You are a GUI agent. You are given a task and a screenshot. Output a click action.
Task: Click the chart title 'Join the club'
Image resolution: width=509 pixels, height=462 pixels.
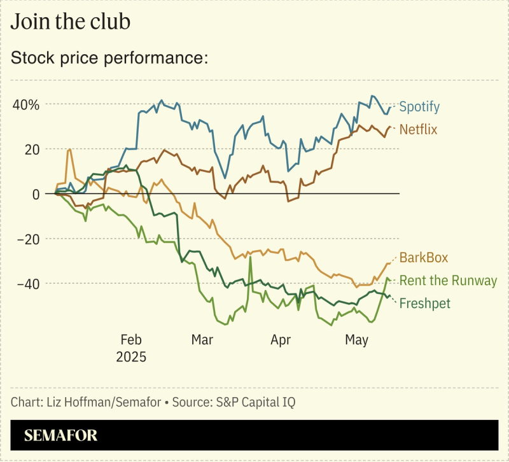[71, 22]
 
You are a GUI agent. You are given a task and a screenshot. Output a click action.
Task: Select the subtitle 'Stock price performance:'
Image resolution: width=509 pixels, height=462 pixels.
[110, 58]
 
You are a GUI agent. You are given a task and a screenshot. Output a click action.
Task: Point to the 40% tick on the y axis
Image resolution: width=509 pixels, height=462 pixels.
[25, 104]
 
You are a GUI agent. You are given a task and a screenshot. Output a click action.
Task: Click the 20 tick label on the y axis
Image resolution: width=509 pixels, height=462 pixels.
[31, 149]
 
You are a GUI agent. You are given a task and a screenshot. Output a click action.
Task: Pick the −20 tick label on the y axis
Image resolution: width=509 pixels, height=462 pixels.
[27, 239]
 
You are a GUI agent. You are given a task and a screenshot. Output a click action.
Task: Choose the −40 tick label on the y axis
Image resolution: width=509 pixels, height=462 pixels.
[27, 283]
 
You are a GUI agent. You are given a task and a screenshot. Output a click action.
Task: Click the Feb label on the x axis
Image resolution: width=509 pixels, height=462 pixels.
[131, 340]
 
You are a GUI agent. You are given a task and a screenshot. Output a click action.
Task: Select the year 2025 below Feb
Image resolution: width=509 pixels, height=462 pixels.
[131, 356]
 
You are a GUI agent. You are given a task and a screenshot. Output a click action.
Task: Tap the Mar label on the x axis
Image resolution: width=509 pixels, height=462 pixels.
[202, 340]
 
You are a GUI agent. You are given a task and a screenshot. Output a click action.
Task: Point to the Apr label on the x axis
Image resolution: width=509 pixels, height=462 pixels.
[281, 340]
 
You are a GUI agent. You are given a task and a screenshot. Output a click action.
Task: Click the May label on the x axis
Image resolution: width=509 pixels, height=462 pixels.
[356, 340]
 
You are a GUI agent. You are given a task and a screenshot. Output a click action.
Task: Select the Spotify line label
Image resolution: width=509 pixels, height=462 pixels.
[419, 106]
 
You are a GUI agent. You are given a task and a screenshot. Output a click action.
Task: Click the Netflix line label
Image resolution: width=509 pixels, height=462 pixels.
[418, 130]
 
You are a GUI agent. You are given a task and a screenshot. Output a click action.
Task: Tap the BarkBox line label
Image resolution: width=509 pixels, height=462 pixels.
[424, 258]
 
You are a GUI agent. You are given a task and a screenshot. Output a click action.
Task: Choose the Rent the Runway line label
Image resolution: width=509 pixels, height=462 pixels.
[448, 281]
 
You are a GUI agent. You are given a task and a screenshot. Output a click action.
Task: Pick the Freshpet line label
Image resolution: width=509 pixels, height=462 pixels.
[424, 304]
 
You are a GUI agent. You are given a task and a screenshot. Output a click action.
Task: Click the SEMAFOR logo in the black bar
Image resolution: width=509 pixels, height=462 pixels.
[61, 436]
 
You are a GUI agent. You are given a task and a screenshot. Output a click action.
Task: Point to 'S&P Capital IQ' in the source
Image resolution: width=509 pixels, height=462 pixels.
[260, 402]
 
